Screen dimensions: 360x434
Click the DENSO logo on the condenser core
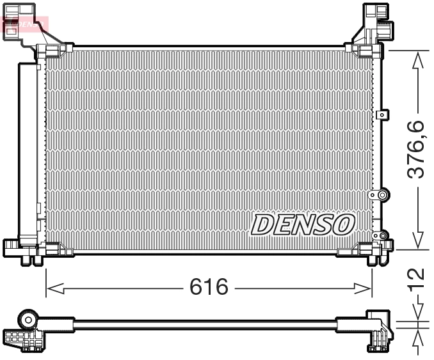click(303, 224)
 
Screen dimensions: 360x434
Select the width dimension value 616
click(209, 287)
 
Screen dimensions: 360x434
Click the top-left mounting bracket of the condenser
click(32, 29)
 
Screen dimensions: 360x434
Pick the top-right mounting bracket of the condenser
click(371, 26)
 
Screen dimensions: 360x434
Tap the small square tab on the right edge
click(382, 115)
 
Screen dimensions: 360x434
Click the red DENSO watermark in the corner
click(26, 24)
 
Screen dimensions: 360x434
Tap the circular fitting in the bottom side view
click(28, 319)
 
